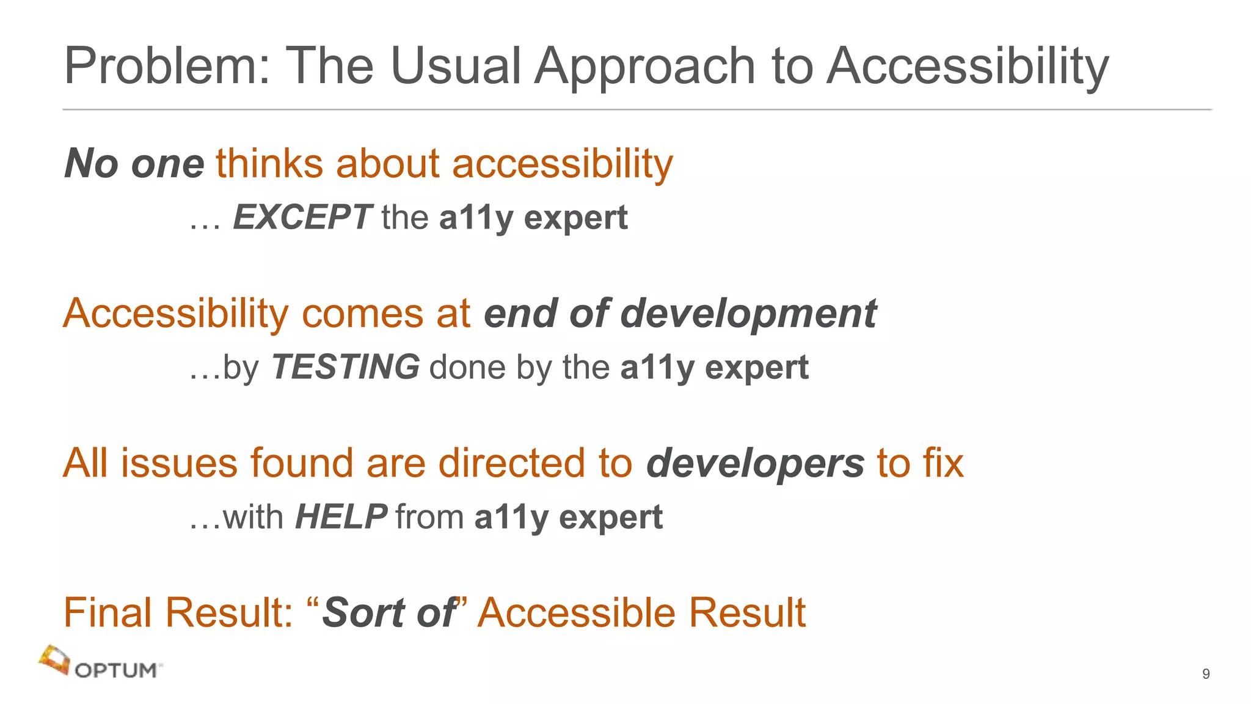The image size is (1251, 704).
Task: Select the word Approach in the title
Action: [645, 67]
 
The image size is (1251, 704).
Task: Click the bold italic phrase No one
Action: [134, 164]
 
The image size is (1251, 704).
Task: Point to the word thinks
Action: [269, 164]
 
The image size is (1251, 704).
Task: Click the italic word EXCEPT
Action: [302, 218]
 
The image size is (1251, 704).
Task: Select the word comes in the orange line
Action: [362, 313]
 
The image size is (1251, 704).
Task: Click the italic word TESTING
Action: [345, 367]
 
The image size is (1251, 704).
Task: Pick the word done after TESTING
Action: [468, 367]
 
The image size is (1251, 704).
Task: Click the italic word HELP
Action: [341, 517]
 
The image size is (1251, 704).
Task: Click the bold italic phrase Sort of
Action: [389, 612]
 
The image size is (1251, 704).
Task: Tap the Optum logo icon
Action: [54, 660]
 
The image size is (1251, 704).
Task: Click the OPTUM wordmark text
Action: [116, 670]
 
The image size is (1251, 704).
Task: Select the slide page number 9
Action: [1206, 673]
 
